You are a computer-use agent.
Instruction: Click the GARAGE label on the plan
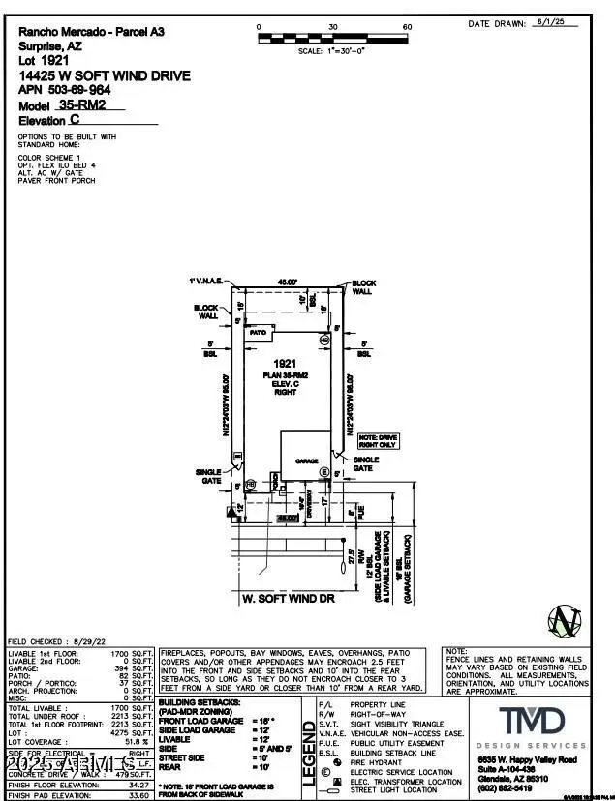coord(308,461)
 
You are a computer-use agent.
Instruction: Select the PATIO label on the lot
coord(258,331)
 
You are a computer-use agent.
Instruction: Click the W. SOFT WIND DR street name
coord(288,600)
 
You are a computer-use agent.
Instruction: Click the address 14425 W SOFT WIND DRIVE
coord(105,75)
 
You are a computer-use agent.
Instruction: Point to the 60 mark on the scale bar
coord(407,27)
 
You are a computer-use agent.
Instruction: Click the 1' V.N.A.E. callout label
coord(206,281)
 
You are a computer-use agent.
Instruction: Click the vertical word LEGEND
coord(309,754)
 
